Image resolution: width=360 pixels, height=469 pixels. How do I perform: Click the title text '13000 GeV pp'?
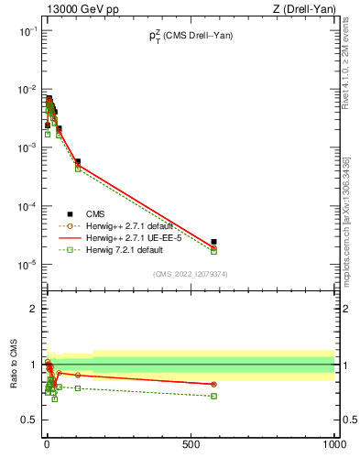(x=75, y=9)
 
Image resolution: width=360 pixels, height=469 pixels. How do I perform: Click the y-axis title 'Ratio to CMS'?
(x=14, y=365)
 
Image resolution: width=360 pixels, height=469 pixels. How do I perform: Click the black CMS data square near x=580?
(x=213, y=242)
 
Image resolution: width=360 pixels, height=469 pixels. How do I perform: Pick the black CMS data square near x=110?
(x=78, y=161)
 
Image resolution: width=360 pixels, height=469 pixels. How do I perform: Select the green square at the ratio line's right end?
(x=213, y=396)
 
